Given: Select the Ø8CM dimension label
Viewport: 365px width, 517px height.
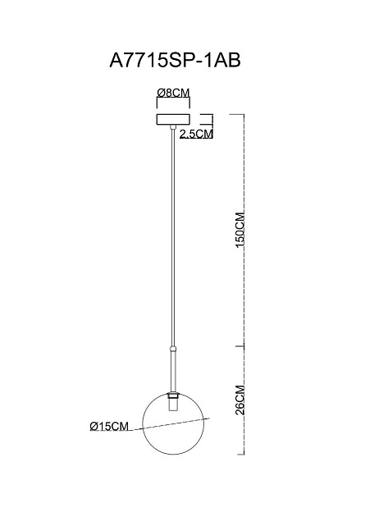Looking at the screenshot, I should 173,94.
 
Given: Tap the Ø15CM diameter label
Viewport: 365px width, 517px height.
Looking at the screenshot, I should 109,426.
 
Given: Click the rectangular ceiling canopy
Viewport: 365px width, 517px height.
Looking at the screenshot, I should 173,120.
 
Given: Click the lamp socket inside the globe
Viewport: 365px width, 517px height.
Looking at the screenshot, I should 173,405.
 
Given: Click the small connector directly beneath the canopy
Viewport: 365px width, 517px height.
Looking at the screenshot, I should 173,129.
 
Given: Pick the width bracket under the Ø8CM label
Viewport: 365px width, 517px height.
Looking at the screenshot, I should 173,103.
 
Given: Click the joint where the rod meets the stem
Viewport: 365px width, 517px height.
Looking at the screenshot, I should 173,345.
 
